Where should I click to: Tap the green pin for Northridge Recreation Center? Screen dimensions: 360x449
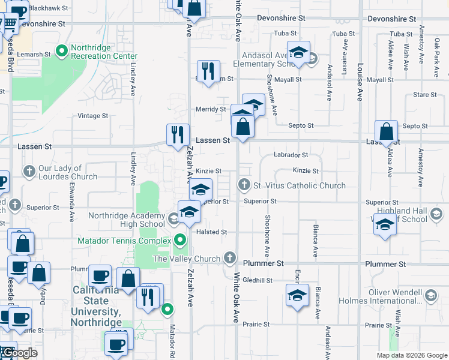pos(61,52)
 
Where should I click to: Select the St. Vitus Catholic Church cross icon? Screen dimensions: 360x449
pos(244,185)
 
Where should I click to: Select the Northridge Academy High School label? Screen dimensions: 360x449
pos(127,220)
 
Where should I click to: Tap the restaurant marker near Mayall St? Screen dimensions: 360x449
pos(208,71)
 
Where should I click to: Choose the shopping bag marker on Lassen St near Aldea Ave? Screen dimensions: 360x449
pos(387,131)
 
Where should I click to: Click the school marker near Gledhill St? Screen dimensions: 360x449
pos(297,295)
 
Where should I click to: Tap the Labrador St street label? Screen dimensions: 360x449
pos(291,155)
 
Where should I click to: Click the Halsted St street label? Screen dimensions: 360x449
pos(211,232)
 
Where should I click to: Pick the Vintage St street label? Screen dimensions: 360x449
pos(92,116)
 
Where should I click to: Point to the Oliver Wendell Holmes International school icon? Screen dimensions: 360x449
pos(430,296)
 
